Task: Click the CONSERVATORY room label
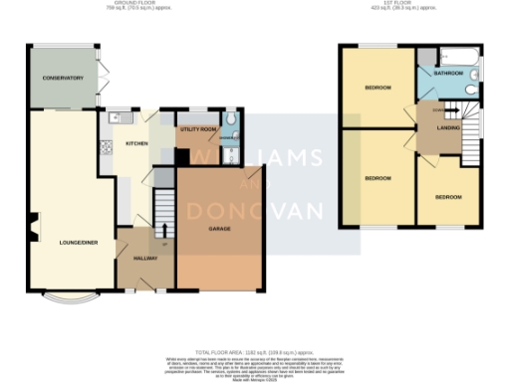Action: pos(56,78)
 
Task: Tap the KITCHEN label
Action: pos(136,143)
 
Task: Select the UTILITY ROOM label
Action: pos(196,129)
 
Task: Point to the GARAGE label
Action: pos(220,229)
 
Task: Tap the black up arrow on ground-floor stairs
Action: pos(165,230)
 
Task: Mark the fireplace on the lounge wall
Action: pos(34,228)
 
